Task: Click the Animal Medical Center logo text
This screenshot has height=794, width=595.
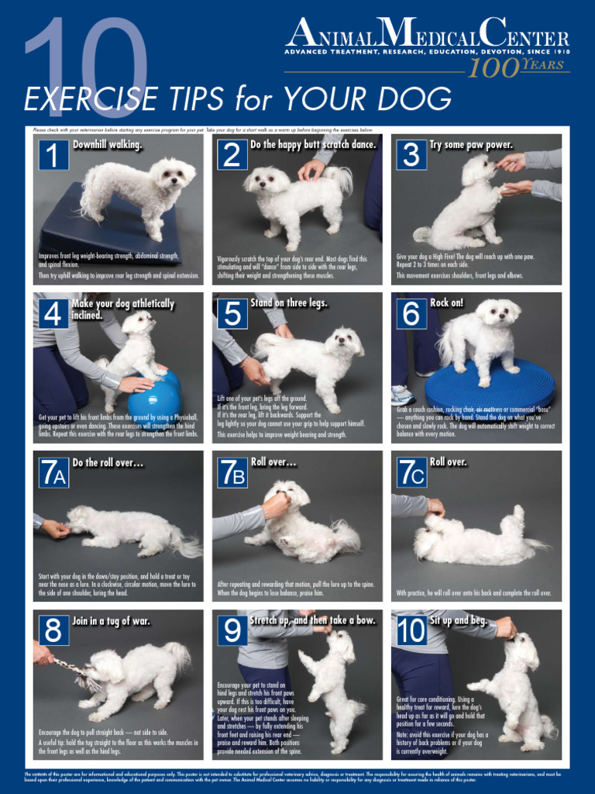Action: tap(427, 34)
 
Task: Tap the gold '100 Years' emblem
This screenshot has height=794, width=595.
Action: tap(518, 67)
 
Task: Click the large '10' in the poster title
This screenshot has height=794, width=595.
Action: tap(85, 58)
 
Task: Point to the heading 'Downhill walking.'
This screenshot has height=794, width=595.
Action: tap(108, 145)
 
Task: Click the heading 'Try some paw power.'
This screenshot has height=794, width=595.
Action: tap(471, 145)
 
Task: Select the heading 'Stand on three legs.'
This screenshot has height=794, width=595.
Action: tap(288, 303)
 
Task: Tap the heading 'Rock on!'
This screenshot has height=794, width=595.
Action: tap(447, 303)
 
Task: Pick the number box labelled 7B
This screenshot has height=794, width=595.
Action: tap(232, 472)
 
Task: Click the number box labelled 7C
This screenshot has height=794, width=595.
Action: tap(411, 472)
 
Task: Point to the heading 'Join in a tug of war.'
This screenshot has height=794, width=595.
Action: tap(112, 621)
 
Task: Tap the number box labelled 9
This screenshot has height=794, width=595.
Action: tap(232, 630)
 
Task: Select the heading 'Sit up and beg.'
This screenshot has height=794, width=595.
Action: tap(459, 621)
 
